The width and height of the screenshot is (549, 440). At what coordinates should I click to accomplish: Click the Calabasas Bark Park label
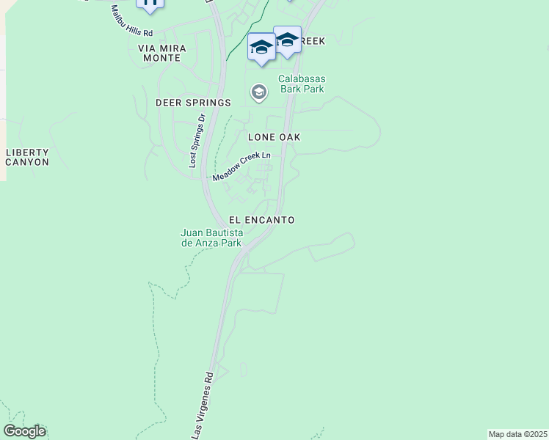[301, 84]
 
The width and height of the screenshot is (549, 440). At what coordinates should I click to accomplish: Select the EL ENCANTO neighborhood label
[261, 220]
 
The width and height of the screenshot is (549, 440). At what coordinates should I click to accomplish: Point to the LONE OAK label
[274, 137]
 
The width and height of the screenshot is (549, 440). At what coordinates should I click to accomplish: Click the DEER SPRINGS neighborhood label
[193, 103]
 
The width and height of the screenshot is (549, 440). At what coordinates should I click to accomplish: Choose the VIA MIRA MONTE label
[162, 53]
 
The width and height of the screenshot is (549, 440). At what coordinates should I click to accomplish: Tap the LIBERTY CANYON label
[27, 157]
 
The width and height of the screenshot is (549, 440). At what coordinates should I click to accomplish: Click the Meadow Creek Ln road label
[241, 167]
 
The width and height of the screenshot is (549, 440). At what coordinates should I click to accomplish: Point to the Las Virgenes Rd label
[203, 403]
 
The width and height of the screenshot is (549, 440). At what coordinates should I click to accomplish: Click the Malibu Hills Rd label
[131, 22]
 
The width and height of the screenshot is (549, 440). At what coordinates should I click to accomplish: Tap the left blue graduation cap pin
[261, 48]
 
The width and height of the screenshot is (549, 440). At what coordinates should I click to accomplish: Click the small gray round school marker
[258, 92]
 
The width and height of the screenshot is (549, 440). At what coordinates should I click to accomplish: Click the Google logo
[24, 431]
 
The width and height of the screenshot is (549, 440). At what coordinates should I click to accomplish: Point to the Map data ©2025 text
[517, 434]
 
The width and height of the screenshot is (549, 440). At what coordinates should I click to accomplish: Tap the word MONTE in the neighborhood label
[162, 58]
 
